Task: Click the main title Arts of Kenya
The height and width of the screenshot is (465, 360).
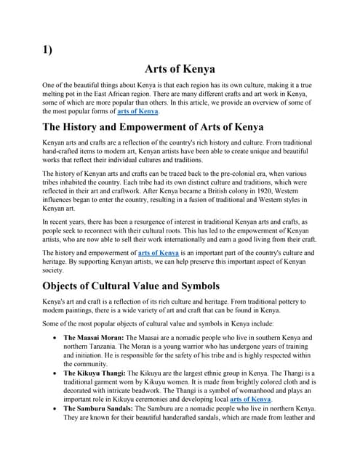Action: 180,70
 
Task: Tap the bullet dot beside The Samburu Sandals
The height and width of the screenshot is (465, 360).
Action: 57,410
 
